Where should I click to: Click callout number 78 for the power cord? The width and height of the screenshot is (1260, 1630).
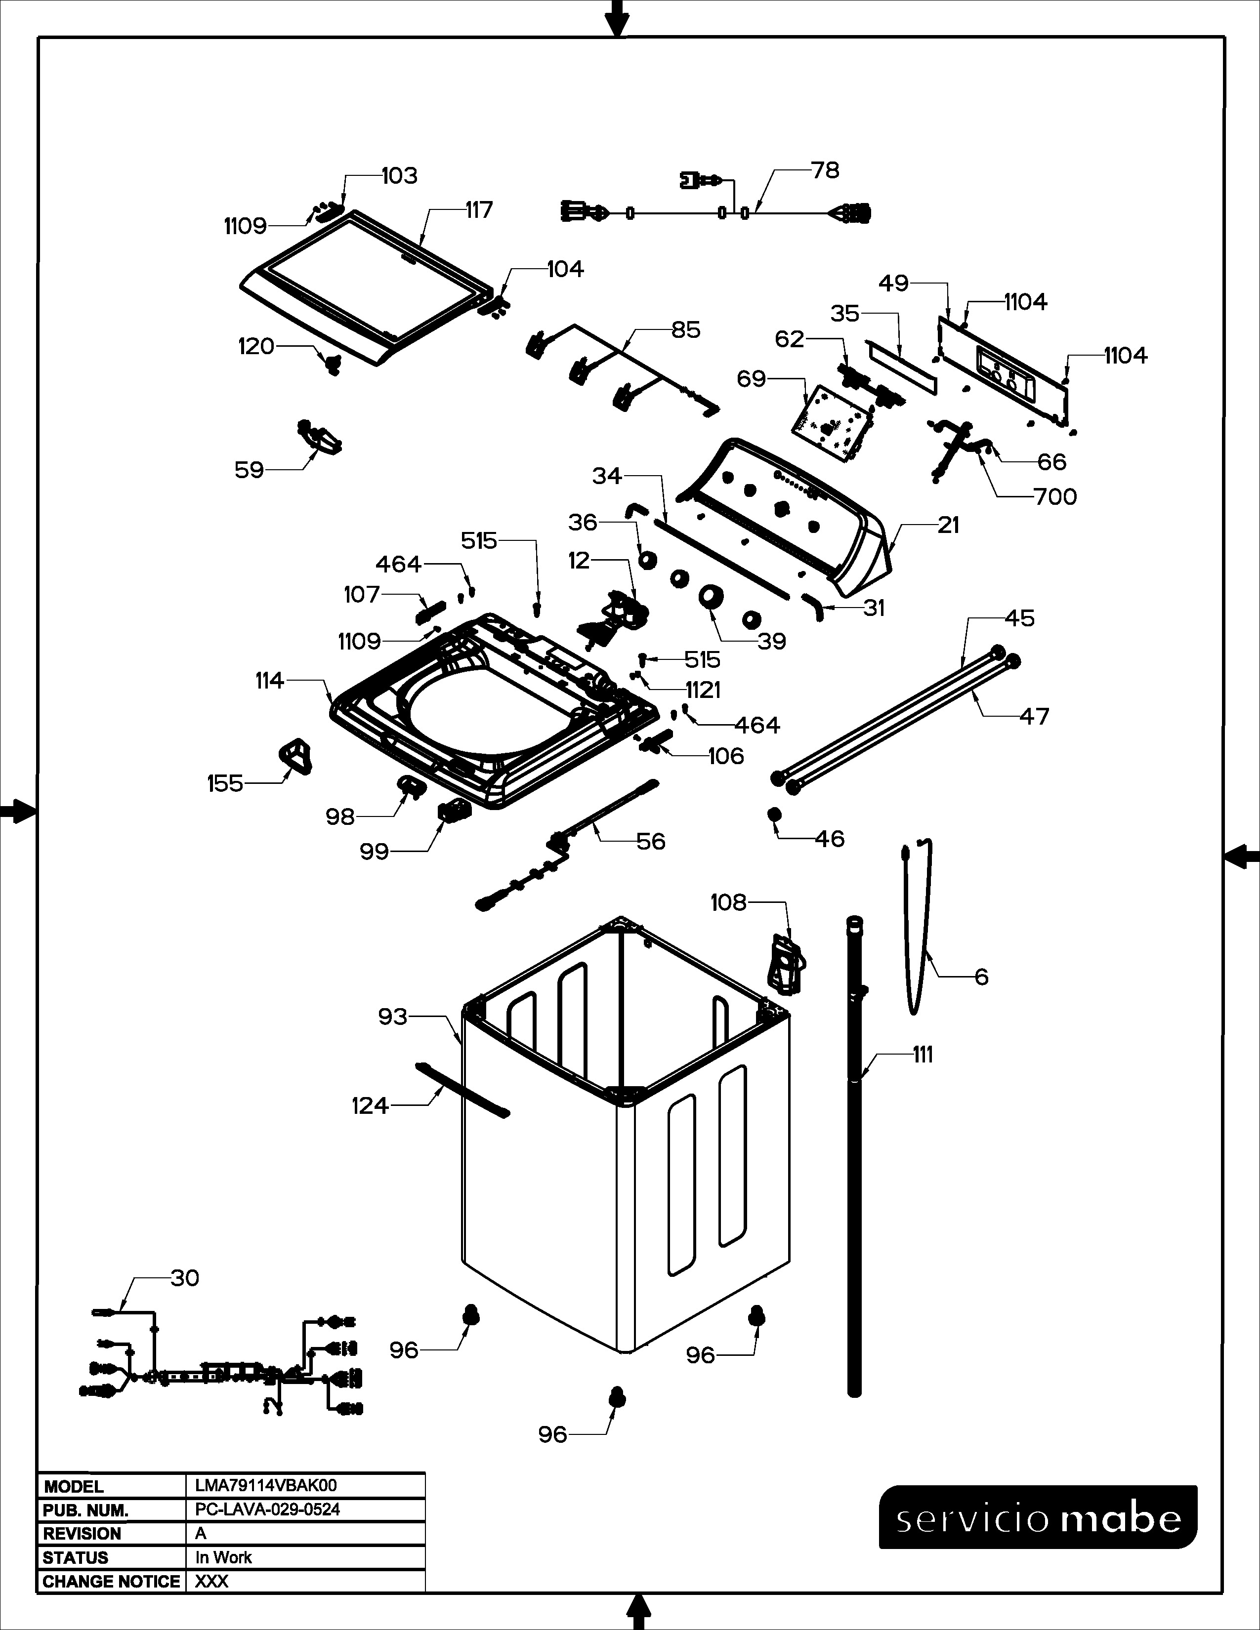click(826, 170)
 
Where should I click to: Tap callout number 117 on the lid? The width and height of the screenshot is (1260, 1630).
click(479, 210)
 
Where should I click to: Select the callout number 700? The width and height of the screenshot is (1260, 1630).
click(1055, 496)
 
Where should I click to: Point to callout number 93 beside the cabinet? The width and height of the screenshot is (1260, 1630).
click(393, 1017)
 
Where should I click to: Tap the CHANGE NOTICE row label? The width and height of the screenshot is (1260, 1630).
click(111, 1582)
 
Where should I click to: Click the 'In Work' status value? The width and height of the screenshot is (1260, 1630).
click(223, 1557)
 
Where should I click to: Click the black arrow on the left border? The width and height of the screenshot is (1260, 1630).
click(16, 811)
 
